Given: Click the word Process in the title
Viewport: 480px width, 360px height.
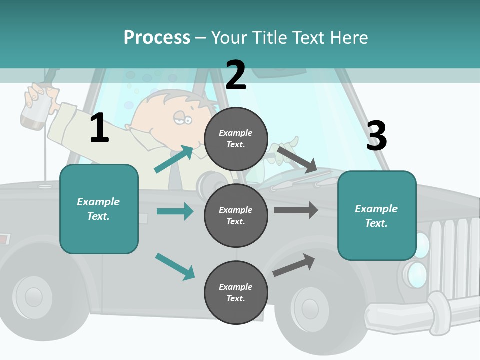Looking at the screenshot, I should coord(157,37).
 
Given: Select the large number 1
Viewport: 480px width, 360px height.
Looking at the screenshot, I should coord(99,128).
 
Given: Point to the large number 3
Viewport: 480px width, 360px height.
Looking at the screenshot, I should coord(376,136).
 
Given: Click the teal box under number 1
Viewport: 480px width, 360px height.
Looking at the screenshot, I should coord(99,209).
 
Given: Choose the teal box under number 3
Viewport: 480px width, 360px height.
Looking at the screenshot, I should coord(377,215).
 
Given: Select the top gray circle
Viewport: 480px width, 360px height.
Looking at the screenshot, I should coord(236,138).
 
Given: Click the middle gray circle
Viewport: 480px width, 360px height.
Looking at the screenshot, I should coord(236,215).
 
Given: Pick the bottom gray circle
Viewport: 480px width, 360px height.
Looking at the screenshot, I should coord(236,292).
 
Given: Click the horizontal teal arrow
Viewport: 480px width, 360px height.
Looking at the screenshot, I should coord(175,211).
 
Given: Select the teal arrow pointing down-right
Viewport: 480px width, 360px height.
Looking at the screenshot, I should coord(175,266).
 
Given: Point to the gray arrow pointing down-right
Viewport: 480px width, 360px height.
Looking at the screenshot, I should coord(297,159).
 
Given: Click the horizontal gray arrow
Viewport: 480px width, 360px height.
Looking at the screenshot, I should coord(296,210).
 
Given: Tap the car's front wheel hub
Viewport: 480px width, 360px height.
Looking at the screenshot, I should coord(310,308).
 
